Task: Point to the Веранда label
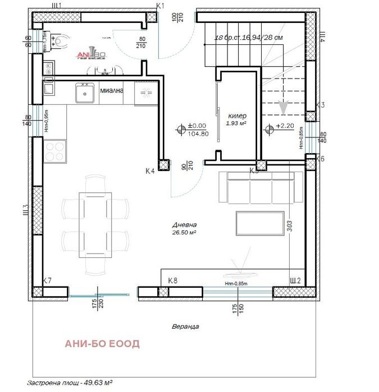[x=186, y=326]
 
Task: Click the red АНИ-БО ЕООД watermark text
[x=102, y=343]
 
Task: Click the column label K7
[x=48, y=280]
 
